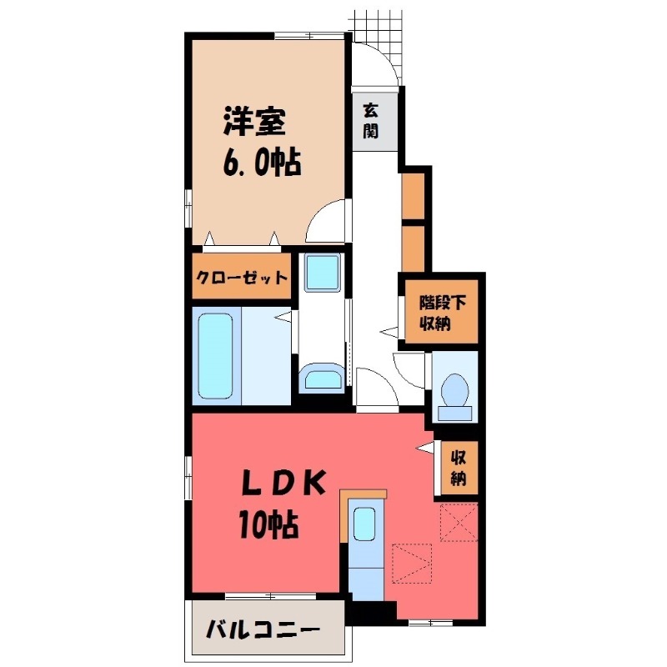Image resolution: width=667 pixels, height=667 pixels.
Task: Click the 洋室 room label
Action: pos(254,122)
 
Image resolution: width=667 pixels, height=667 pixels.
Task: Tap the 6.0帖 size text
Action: pos(262,162)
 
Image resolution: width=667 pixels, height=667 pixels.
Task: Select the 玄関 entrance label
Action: pos(370,121)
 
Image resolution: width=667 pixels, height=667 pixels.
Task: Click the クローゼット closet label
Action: pos(242,278)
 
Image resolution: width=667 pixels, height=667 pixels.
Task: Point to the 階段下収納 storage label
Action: pos(443,313)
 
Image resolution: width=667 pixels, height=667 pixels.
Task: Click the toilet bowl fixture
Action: pos(454,390)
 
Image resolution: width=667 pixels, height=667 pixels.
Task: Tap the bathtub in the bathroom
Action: pos(216,356)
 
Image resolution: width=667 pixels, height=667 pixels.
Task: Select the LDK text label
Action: pos(283,483)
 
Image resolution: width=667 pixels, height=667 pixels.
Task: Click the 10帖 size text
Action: pos(268,524)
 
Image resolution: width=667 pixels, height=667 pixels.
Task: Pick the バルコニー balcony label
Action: pos(263,629)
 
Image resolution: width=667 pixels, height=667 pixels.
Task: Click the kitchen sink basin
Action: pos(364,524)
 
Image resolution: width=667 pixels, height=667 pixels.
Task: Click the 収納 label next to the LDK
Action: pos(458,469)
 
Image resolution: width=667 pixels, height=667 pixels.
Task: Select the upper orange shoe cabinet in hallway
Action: pos(413,196)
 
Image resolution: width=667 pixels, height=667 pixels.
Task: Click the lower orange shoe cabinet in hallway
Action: pos(413,248)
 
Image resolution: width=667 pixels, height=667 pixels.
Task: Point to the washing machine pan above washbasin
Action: pos(323,273)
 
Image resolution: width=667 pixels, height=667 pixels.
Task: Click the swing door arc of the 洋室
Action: pos(317,212)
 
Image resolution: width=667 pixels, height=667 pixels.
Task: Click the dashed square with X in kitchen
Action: pos(459,522)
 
